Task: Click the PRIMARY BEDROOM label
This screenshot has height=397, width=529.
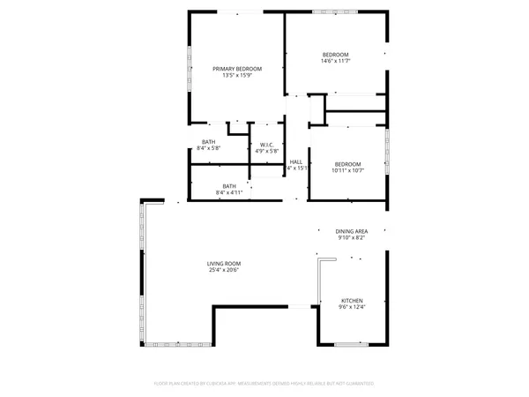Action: pos(236,68)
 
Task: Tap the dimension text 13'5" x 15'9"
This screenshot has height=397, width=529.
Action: pos(236,75)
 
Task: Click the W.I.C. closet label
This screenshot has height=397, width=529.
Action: pos(266,145)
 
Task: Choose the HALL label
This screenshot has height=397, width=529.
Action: pos(296,161)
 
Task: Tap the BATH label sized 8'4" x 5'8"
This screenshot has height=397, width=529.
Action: pos(209,142)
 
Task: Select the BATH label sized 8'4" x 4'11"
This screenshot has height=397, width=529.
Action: pos(229,186)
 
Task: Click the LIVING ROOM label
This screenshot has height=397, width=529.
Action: pos(224,264)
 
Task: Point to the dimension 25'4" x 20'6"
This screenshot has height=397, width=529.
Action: pos(224,270)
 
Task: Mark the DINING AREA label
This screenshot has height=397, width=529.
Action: pos(352,231)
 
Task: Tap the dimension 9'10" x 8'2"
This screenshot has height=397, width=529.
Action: pos(352,237)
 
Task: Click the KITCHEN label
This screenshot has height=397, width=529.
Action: pos(351,301)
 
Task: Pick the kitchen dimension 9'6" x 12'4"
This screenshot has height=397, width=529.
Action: pos(351,307)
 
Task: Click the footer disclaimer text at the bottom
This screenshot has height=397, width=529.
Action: pos(264,384)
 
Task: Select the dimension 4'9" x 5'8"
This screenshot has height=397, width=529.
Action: pos(266,151)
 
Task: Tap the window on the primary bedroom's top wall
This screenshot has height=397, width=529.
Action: pos(240,11)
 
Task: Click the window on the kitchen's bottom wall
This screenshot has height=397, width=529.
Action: pos(351,343)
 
